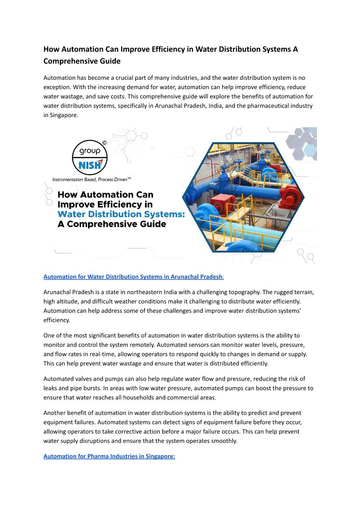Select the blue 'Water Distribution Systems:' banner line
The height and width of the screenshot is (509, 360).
coord(121,214)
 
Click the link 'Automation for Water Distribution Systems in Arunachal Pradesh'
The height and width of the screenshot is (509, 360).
coord(133,276)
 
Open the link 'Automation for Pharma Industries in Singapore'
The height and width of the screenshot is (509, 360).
coord(109,456)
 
